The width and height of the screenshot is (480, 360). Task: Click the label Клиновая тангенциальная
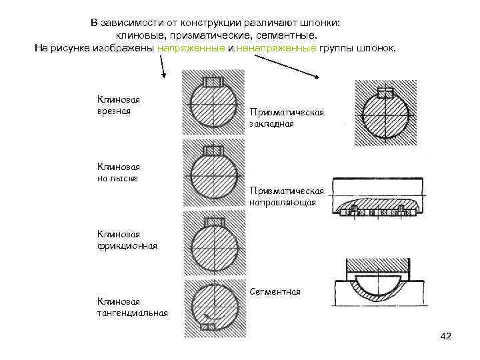click(x=132, y=307)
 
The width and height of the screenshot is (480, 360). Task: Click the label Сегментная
click(x=275, y=292)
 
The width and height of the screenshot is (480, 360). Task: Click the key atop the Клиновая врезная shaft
click(x=213, y=82)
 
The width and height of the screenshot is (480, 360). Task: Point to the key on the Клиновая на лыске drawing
click(x=213, y=151)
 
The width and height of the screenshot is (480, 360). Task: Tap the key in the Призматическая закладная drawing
click(x=385, y=93)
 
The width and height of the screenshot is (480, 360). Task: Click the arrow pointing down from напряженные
click(x=163, y=67)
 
